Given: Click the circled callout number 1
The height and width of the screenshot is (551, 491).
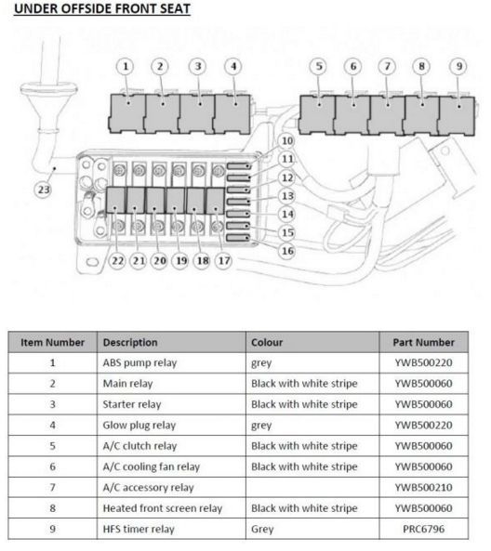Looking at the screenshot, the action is [x=126, y=66].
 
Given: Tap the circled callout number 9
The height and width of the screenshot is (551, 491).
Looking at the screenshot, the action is [x=458, y=66].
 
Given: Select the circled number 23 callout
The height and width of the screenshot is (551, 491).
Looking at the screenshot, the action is [x=44, y=190].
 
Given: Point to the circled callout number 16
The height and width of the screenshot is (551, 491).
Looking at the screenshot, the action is [x=287, y=251].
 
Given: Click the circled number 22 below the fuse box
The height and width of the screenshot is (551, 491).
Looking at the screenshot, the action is [x=117, y=261].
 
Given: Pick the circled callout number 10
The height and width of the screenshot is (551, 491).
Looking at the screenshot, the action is [x=287, y=141].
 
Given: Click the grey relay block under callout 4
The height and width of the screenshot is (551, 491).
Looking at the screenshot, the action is [x=232, y=114].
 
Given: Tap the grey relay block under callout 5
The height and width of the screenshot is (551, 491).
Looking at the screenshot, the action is [x=317, y=115].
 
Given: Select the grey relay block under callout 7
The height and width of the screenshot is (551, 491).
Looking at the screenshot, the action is [x=387, y=115].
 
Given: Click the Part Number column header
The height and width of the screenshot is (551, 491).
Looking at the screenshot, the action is [x=423, y=342].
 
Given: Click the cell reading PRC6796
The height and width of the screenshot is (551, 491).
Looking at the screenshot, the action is [x=423, y=529].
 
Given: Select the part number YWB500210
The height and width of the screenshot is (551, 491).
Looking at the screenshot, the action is [x=423, y=488].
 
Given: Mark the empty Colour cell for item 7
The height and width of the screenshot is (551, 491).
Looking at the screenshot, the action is [x=312, y=488].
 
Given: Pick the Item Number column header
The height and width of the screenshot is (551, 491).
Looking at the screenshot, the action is [x=52, y=342].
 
